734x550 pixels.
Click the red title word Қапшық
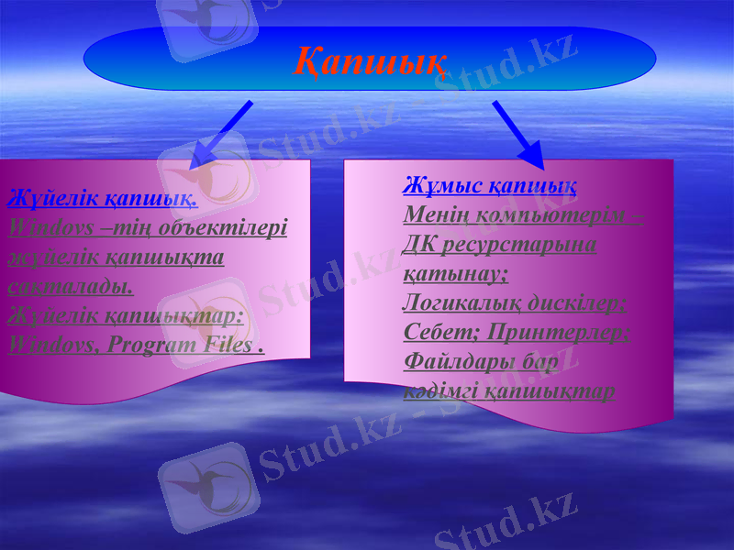[x=370, y=60]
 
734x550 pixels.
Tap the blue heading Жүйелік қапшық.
[x=102, y=197]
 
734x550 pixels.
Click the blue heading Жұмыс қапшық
[x=490, y=186]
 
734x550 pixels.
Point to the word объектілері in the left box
[x=223, y=226]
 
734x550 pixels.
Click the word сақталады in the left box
[x=70, y=285]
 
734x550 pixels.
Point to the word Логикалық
[x=462, y=302]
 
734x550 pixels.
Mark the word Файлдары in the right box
[x=452, y=361]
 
